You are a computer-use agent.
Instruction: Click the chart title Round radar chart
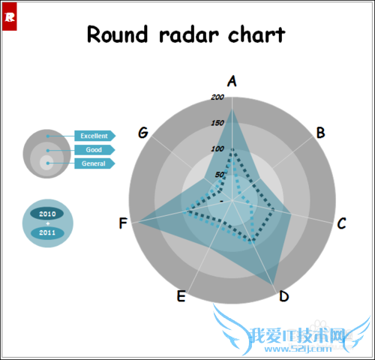tap(186, 34)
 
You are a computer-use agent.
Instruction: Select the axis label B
tap(320, 133)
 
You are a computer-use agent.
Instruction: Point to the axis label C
tap(341, 223)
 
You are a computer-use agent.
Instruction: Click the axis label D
tap(283, 296)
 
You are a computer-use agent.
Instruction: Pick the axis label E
tap(181, 296)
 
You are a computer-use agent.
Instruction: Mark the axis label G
tap(143, 133)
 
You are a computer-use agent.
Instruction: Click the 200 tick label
tap(217, 97)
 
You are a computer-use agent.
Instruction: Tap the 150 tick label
tap(217, 123)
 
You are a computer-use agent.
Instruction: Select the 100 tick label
tap(217, 148)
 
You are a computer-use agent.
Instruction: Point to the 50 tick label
tap(219, 175)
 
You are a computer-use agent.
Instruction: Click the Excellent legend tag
tap(94, 136)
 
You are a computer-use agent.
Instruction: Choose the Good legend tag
tap(94, 150)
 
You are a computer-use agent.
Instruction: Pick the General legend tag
tap(94, 163)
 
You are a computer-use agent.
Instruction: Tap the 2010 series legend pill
tap(48, 214)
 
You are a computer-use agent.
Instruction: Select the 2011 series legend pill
tap(48, 232)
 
